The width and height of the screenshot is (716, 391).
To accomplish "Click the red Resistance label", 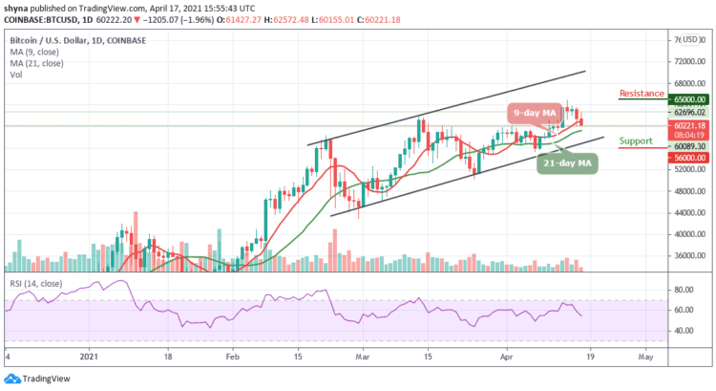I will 642,94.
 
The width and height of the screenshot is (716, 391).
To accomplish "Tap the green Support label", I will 636,141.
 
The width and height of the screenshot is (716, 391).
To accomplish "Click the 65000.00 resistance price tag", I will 686,98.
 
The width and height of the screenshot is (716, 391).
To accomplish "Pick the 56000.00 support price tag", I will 686,157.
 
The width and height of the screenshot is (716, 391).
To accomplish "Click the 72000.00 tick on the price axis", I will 687,59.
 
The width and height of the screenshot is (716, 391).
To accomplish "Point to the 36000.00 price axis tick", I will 687,255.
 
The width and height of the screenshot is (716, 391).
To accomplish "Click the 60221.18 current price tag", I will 686,125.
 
